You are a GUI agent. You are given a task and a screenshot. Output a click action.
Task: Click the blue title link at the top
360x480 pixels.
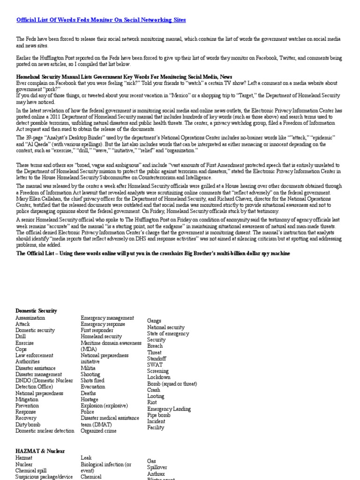(x=101, y=20)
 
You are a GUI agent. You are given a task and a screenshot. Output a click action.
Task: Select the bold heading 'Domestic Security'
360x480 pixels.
(x=36, y=311)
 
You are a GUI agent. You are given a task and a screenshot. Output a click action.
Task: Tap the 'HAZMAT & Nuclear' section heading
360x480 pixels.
(x=40, y=451)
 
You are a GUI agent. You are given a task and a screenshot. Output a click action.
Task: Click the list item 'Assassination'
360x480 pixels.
(x=30, y=318)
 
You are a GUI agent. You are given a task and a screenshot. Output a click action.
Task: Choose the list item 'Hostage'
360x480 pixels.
(x=90, y=399)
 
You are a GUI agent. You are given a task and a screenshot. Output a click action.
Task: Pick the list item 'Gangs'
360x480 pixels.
(x=155, y=321)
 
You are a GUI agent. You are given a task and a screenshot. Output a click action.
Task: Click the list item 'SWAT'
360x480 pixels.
(x=155, y=365)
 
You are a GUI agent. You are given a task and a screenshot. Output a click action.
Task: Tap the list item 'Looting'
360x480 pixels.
(x=156, y=396)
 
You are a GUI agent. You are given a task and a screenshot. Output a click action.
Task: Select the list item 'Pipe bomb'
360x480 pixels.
(x=158, y=415)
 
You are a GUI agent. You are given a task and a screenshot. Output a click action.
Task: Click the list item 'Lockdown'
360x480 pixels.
(x=159, y=377)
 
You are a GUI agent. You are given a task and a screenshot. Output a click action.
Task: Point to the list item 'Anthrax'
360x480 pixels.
(x=157, y=474)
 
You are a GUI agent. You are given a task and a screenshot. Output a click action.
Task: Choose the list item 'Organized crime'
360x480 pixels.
(x=98, y=431)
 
